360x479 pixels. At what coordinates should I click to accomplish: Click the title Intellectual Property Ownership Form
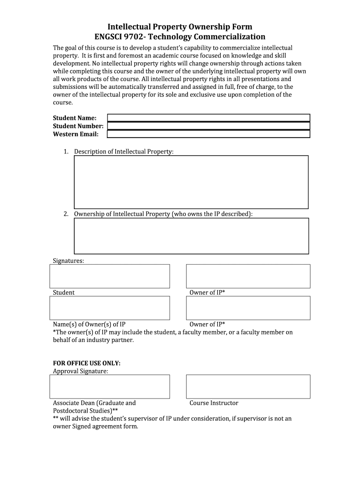coord(180,27)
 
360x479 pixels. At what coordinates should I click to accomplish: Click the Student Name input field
coord(209,118)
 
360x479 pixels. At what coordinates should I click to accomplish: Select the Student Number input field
coord(209,126)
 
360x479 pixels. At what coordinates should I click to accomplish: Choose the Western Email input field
coord(209,134)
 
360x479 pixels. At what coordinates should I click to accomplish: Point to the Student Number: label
coord(78,126)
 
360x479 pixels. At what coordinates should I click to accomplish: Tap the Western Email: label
coord(76,135)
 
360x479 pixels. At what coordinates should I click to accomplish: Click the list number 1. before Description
coord(67,152)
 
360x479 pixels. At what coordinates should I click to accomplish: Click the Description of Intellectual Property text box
coord(191,181)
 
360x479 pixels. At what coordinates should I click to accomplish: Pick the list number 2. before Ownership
coord(67,214)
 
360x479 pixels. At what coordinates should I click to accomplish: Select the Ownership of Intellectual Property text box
coord(191,236)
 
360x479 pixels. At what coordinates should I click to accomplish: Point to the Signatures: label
coord(68,261)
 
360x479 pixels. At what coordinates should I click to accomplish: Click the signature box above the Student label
coord(109,276)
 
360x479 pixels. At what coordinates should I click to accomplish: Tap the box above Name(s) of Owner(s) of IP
coord(109,308)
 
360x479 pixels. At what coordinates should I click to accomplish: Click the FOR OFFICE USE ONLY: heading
coord(86,363)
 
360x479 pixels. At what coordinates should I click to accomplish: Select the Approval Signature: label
coord(80,371)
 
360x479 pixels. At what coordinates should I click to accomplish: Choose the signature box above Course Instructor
coord(248,386)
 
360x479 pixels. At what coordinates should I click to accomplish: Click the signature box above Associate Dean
coord(109,386)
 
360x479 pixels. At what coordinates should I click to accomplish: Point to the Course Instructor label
coord(214,403)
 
